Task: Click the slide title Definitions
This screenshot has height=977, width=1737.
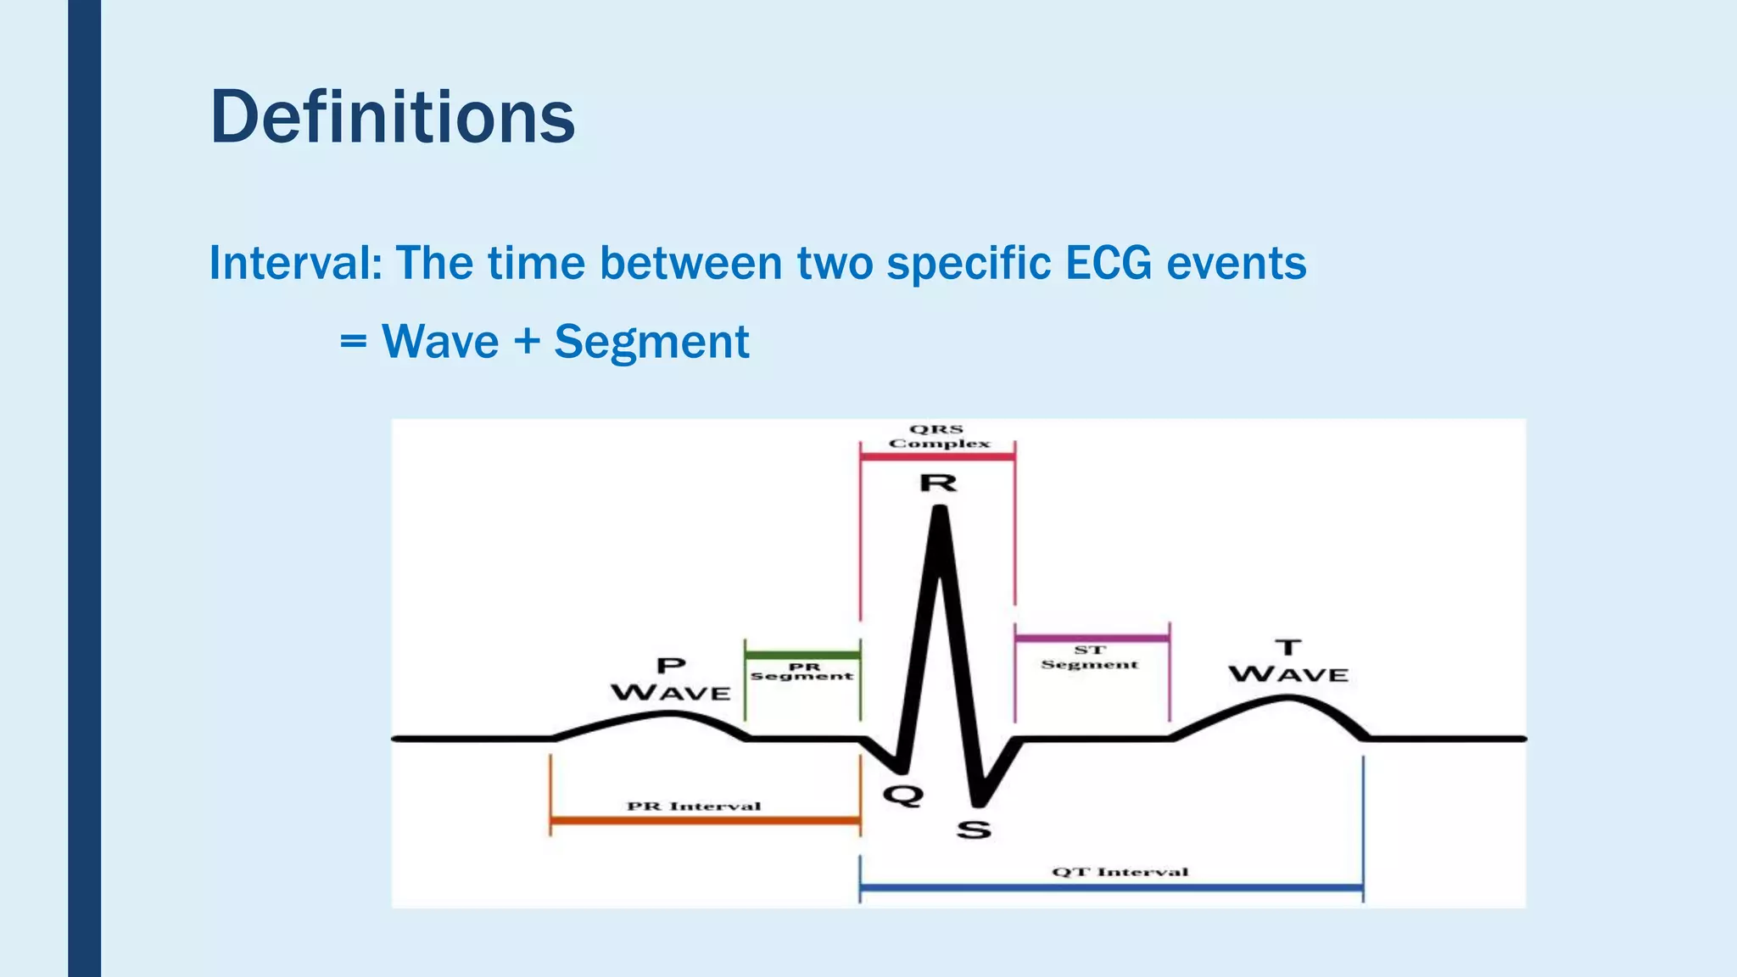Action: (x=392, y=117)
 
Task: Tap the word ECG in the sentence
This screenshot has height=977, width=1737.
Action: (x=1108, y=263)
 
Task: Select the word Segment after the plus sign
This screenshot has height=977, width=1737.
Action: (x=651, y=342)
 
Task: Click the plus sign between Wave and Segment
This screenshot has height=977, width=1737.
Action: (x=527, y=342)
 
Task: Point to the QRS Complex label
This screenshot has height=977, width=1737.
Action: (x=938, y=436)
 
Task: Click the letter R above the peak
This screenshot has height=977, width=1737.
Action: (x=938, y=483)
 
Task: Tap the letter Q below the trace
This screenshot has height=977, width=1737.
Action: (x=902, y=796)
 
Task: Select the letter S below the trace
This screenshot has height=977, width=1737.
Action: (x=974, y=829)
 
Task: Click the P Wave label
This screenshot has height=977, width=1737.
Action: (x=671, y=679)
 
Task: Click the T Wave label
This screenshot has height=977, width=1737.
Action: (x=1288, y=662)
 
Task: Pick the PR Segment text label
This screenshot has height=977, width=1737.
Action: (x=801, y=672)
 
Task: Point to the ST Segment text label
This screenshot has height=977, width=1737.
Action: (x=1090, y=657)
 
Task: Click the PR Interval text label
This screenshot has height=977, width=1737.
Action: (x=694, y=806)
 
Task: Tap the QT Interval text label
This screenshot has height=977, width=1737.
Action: (x=1120, y=872)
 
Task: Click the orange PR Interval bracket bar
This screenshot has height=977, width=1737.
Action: (x=704, y=820)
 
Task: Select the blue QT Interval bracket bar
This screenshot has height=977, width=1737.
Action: (x=1111, y=888)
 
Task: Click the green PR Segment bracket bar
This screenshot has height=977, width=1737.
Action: (x=802, y=655)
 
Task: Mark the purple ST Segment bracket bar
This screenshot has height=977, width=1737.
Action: (x=1092, y=638)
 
